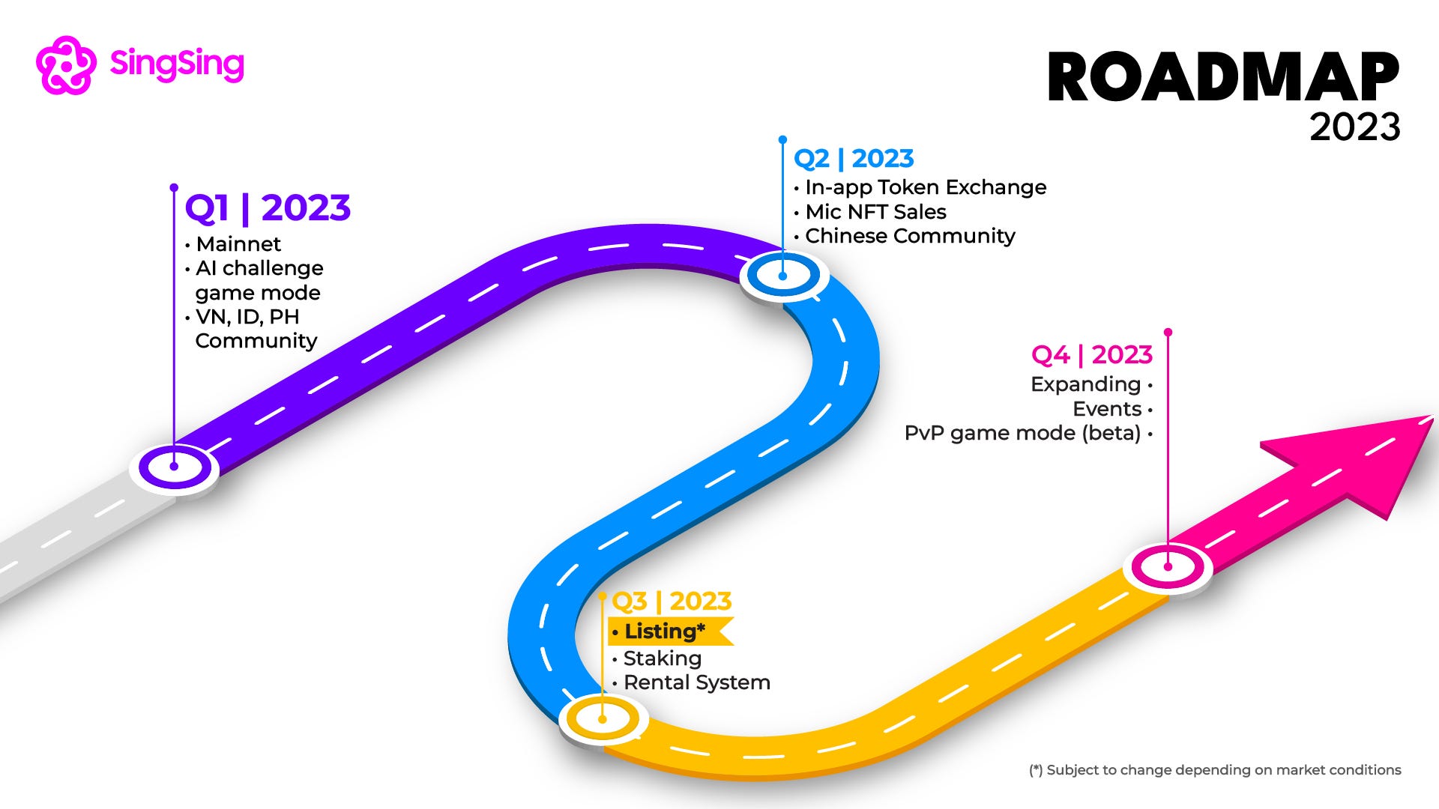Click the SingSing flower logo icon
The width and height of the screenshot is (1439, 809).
click(x=66, y=65)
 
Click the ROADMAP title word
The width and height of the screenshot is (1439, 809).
click(x=1222, y=77)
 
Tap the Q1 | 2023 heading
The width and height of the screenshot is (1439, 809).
click(x=268, y=207)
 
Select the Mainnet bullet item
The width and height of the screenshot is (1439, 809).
click(x=238, y=244)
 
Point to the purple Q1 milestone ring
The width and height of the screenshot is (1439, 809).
click(x=174, y=467)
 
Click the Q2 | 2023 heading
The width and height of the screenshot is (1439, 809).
click(x=854, y=159)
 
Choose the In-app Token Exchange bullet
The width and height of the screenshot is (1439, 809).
click(x=925, y=187)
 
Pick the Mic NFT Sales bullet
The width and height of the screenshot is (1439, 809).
click(x=875, y=212)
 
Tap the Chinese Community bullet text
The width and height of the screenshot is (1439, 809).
click(x=909, y=236)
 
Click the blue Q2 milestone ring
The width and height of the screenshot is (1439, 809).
click(x=782, y=275)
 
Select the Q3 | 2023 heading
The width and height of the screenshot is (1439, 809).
click(x=672, y=601)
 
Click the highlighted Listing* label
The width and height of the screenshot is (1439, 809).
click(x=665, y=631)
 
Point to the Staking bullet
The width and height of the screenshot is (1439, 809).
click(x=662, y=658)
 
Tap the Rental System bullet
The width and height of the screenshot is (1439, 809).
click(x=696, y=682)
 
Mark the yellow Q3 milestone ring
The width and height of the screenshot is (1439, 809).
click(x=603, y=718)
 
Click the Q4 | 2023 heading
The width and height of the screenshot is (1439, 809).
click(x=1091, y=354)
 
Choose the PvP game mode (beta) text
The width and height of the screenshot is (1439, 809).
click(x=1022, y=433)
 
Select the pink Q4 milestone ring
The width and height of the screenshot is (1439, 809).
click(x=1168, y=566)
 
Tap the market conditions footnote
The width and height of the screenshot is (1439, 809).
click(x=1214, y=770)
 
